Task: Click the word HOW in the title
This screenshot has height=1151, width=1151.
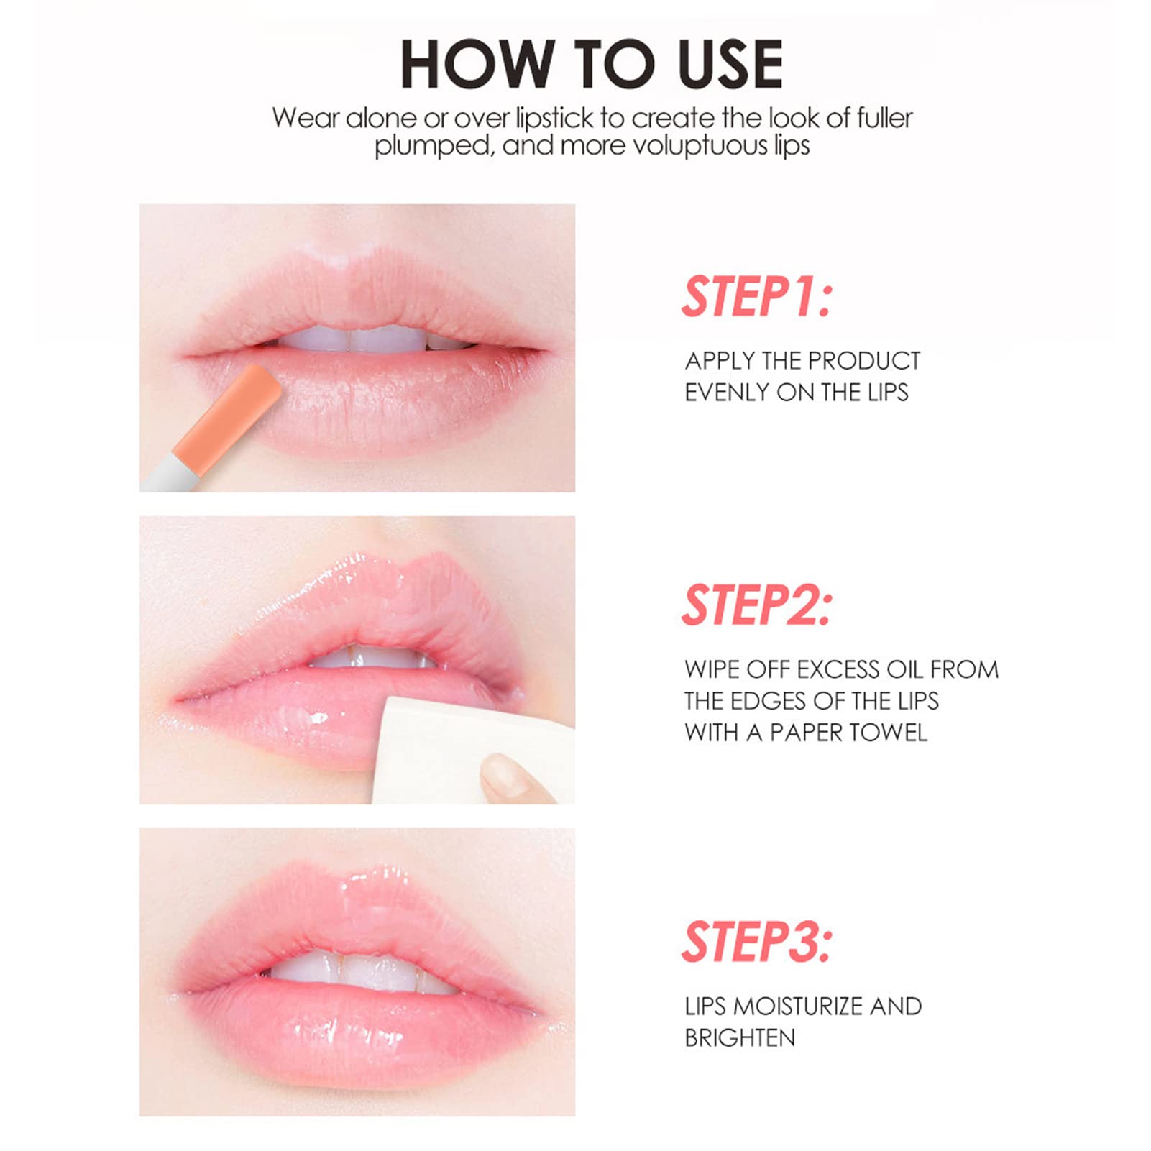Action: tap(476, 65)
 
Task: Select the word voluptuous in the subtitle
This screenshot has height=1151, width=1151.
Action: tap(691, 146)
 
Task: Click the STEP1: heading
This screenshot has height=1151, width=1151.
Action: tap(756, 296)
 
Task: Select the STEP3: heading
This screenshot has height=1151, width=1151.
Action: tap(756, 942)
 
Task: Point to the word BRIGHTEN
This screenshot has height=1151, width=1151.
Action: tap(740, 1038)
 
